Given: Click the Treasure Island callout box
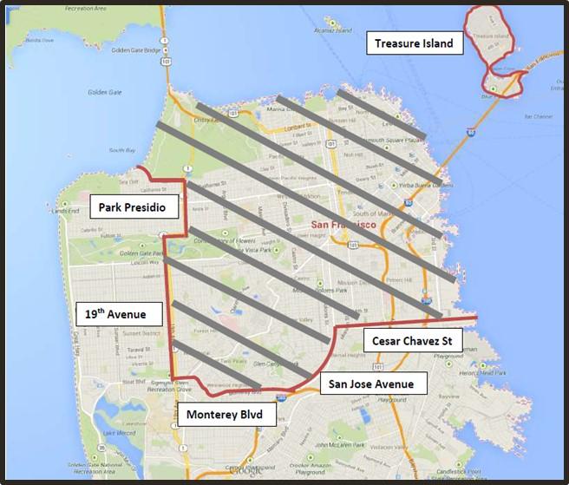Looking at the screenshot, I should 414,43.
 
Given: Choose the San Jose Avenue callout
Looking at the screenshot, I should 374,383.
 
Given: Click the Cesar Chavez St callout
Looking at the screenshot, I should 412,341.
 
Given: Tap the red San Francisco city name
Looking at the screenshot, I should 343,225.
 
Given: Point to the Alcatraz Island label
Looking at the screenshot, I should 332,29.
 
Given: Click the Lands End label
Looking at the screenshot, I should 66,211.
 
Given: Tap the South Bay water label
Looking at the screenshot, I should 122,150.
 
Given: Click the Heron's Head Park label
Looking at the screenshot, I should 483,372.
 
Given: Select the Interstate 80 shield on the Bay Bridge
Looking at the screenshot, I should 469,133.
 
